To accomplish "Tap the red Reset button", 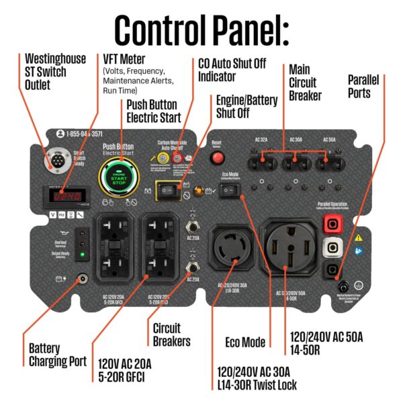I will click(x=216, y=158).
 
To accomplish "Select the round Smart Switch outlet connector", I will click(x=54, y=161).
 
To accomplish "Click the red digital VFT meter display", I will click(x=67, y=196).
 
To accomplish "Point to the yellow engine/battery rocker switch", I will click(x=166, y=191).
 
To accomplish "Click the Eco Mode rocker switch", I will click(x=230, y=191).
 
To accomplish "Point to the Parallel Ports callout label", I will click(x=363, y=86).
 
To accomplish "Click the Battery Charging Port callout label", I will click(x=57, y=355).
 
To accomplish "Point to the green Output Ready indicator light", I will click(x=83, y=254).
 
